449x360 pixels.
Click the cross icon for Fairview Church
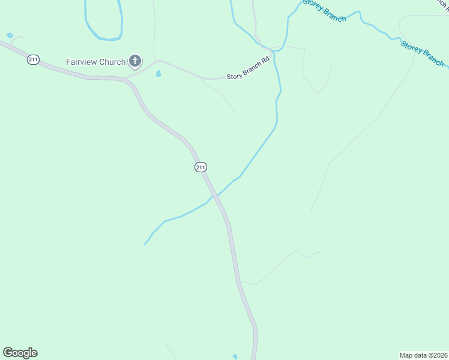click(x=136, y=61)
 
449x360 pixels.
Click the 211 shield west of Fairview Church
click(x=32, y=59)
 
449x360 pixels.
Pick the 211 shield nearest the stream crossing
click(x=200, y=167)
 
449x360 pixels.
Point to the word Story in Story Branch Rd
click(x=234, y=77)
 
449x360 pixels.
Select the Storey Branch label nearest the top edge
click(x=325, y=10)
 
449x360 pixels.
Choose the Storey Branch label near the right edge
click(x=423, y=53)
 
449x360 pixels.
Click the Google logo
click(x=20, y=353)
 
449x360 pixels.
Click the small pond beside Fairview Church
click(x=158, y=74)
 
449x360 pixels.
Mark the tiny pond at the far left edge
click(x=9, y=35)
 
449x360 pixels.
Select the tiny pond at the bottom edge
click(x=235, y=357)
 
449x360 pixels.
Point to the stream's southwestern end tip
click(x=145, y=245)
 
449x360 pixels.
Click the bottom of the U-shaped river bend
click(x=109, y=40)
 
